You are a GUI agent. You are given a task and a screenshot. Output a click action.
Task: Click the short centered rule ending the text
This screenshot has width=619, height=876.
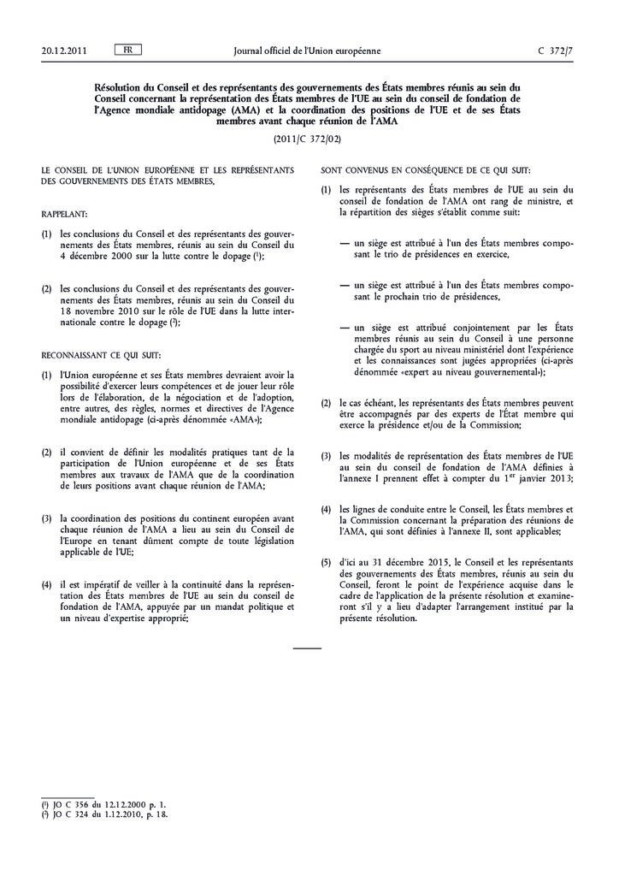pos(308,649)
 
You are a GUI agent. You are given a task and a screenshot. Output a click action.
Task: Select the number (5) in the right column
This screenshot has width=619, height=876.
pos(326,562)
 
